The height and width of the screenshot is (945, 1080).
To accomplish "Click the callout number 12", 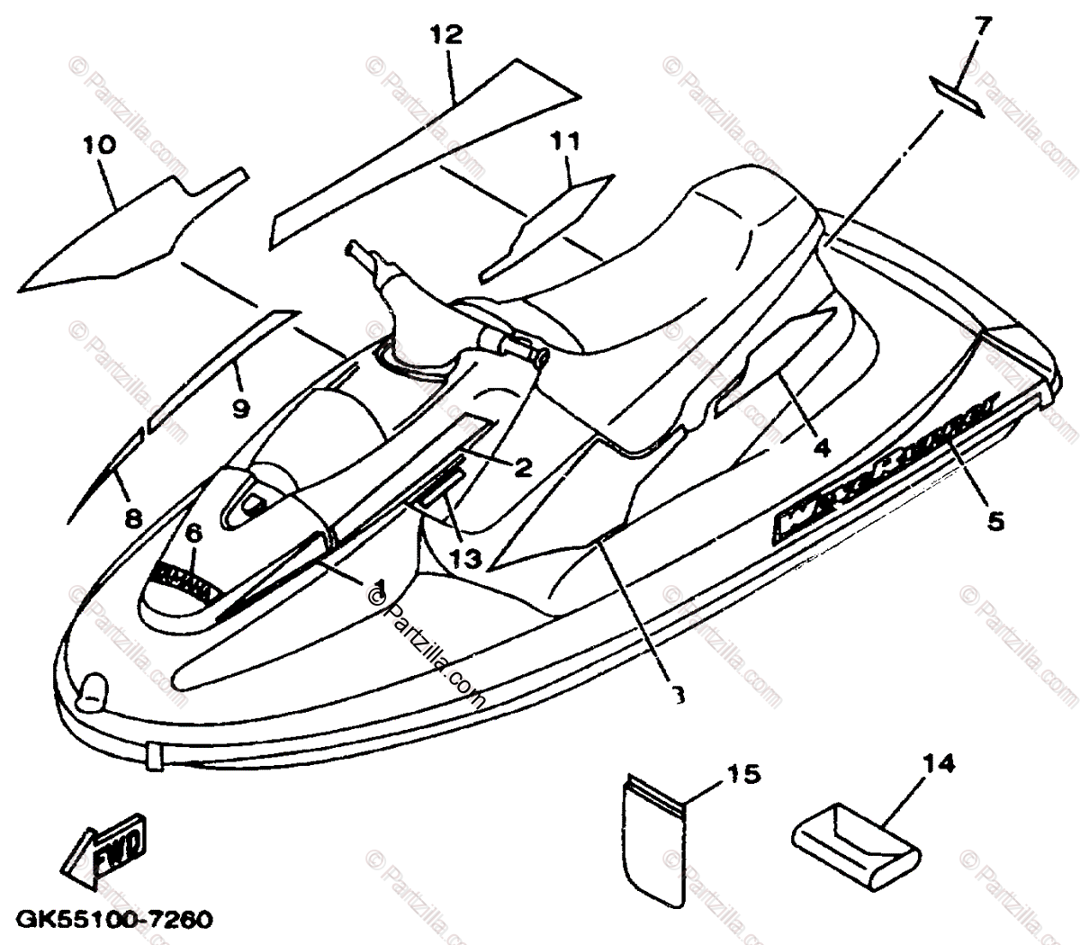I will [445, 35].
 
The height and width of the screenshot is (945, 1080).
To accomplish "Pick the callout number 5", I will [994, 520].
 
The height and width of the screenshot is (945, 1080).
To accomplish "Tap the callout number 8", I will [133, 518].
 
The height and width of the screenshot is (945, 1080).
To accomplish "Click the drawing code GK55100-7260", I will [116, 922].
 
